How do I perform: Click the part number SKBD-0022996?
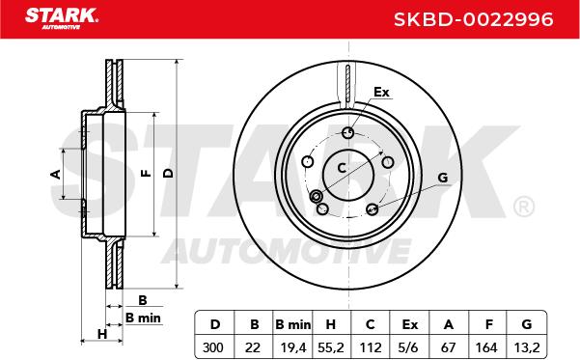tap(474, 19)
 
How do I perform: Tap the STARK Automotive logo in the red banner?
tap(62, 18)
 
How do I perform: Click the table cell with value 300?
tap(213, 347)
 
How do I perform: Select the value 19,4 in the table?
tap(293, 347)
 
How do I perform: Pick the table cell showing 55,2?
tap(331, 347)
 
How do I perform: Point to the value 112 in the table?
tap(371, 347)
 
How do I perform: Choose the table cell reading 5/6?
tap(409, 347)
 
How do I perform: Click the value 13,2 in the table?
tap(527, 347)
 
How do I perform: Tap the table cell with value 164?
tap(486, 347)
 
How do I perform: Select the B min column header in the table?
tap(293, 324)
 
